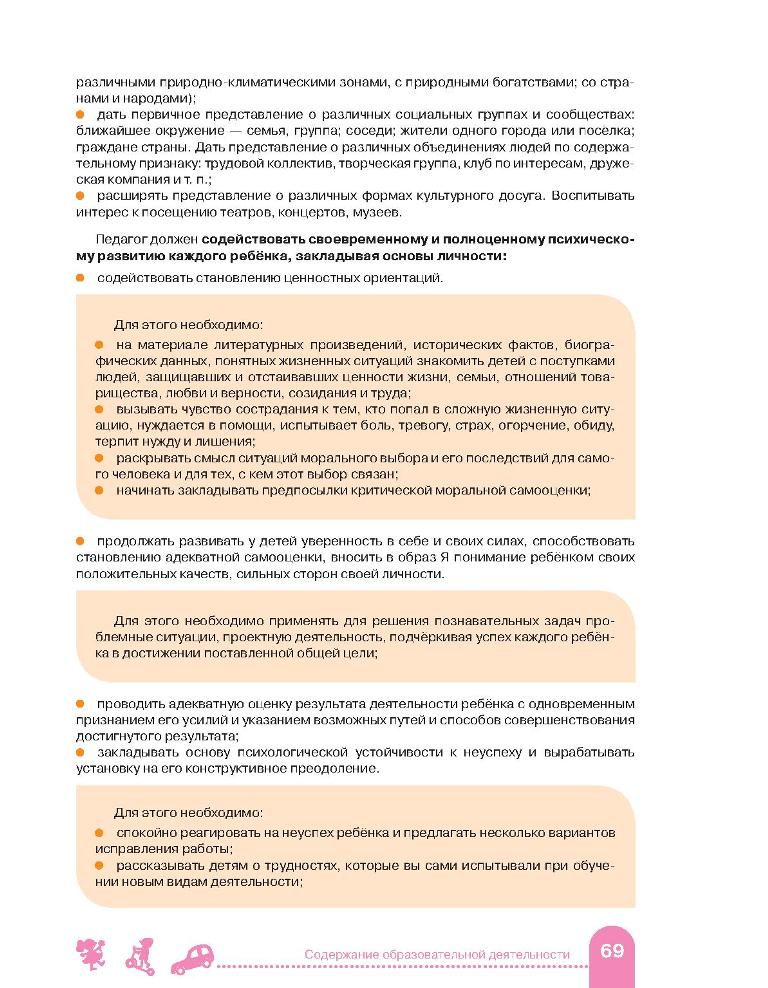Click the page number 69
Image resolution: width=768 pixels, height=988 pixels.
(x=611, y=950)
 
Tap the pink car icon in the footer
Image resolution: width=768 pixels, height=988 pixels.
(x=196, y=957)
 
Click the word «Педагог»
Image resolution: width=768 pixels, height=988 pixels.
(x=123, y=240)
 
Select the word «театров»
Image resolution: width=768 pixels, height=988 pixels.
(x=279, y=211)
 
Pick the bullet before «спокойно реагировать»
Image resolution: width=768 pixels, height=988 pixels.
(x=100, y=832)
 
